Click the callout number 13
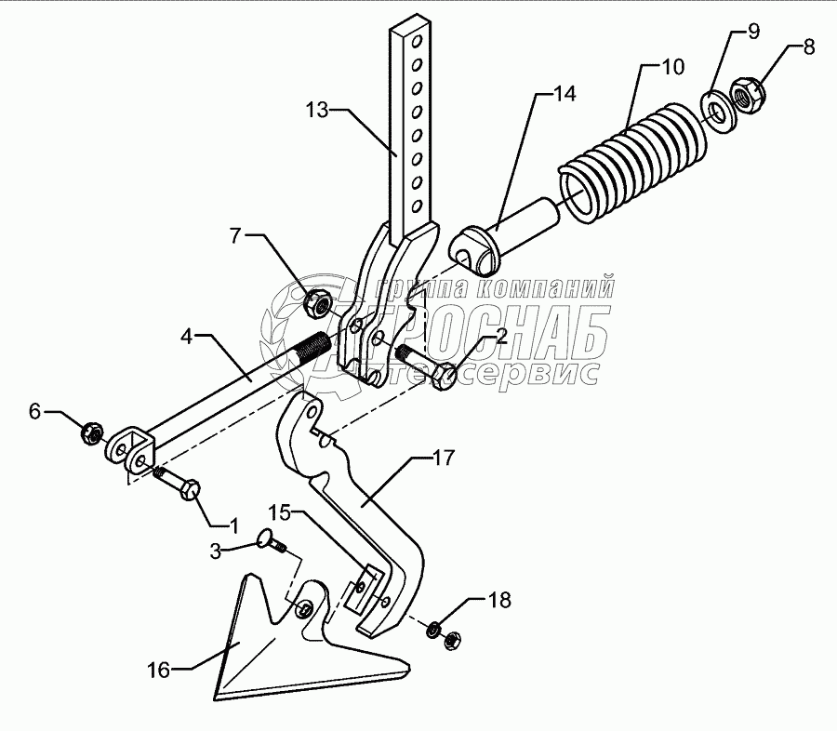(x=317, y=110)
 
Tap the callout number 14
(x=564, y=94)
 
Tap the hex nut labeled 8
(x=748, y=93)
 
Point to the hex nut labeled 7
(x=318, y=300)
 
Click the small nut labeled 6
(x=92, y=432)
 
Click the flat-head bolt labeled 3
(x=268, y=540)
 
